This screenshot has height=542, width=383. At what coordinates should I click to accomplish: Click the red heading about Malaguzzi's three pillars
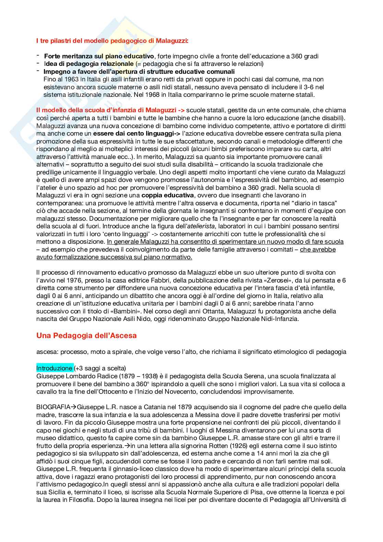coord(112,41)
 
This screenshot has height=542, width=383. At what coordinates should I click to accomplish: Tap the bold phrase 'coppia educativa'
coord(167,195)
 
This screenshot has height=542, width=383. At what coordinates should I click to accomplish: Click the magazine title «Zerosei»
coord(277,280)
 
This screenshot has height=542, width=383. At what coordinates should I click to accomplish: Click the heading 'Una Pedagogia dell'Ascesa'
coord(86,335)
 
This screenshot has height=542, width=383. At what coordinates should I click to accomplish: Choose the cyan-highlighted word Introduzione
coord(54,368)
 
